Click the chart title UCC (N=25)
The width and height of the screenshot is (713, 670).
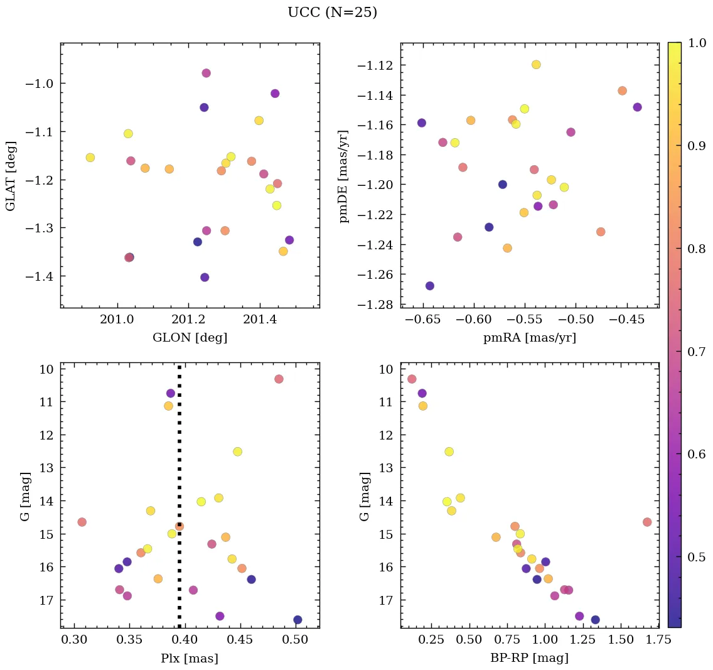(332, 13)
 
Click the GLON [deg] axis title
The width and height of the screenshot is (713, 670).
(190, 338)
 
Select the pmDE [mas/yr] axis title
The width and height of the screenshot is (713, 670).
(345, 175)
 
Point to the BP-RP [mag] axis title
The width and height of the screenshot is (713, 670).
(530, 658)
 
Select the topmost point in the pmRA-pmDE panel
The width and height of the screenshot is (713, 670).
(536, 65)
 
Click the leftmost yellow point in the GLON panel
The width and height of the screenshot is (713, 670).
(90, 158)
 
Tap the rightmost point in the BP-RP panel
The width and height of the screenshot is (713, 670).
(647, 522)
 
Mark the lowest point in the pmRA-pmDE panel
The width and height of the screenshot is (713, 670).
(430, 286)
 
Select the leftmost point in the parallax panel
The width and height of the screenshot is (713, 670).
(82, 522)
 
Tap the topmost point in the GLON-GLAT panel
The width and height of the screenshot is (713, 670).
(206, 73)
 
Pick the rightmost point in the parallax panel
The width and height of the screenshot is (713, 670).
(298, 620)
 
